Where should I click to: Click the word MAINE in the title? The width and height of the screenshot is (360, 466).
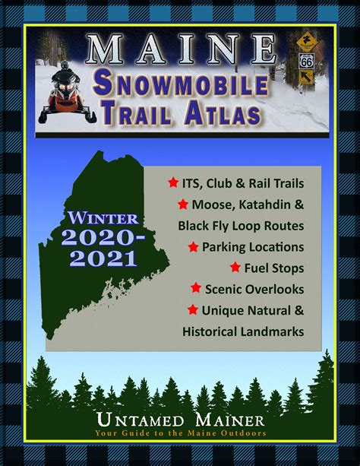point(182,49)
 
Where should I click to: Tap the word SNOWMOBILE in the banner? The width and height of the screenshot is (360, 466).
point(181,85)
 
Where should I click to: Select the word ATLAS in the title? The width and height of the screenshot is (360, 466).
point(223,113)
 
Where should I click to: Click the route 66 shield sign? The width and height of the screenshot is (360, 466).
point(306,62)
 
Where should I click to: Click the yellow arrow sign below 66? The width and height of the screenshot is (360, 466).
point(307,78)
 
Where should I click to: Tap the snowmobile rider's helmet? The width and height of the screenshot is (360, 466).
point(65,65)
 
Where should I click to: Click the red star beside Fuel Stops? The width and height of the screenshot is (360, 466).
point(235,267)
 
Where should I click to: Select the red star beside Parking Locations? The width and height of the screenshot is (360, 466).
point(194,246)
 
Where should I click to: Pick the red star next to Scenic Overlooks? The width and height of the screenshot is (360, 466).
point(196,287)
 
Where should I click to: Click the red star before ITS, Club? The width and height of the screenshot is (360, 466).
point(173,182)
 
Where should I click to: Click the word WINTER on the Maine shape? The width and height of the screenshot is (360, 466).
point(103,218)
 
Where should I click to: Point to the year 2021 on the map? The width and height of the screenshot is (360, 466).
point(103,259)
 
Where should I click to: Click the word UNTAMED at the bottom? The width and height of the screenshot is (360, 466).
point(141,420)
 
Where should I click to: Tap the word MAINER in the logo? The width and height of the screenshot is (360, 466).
point(229,420)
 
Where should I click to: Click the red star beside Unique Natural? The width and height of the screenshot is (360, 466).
point(193,309)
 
